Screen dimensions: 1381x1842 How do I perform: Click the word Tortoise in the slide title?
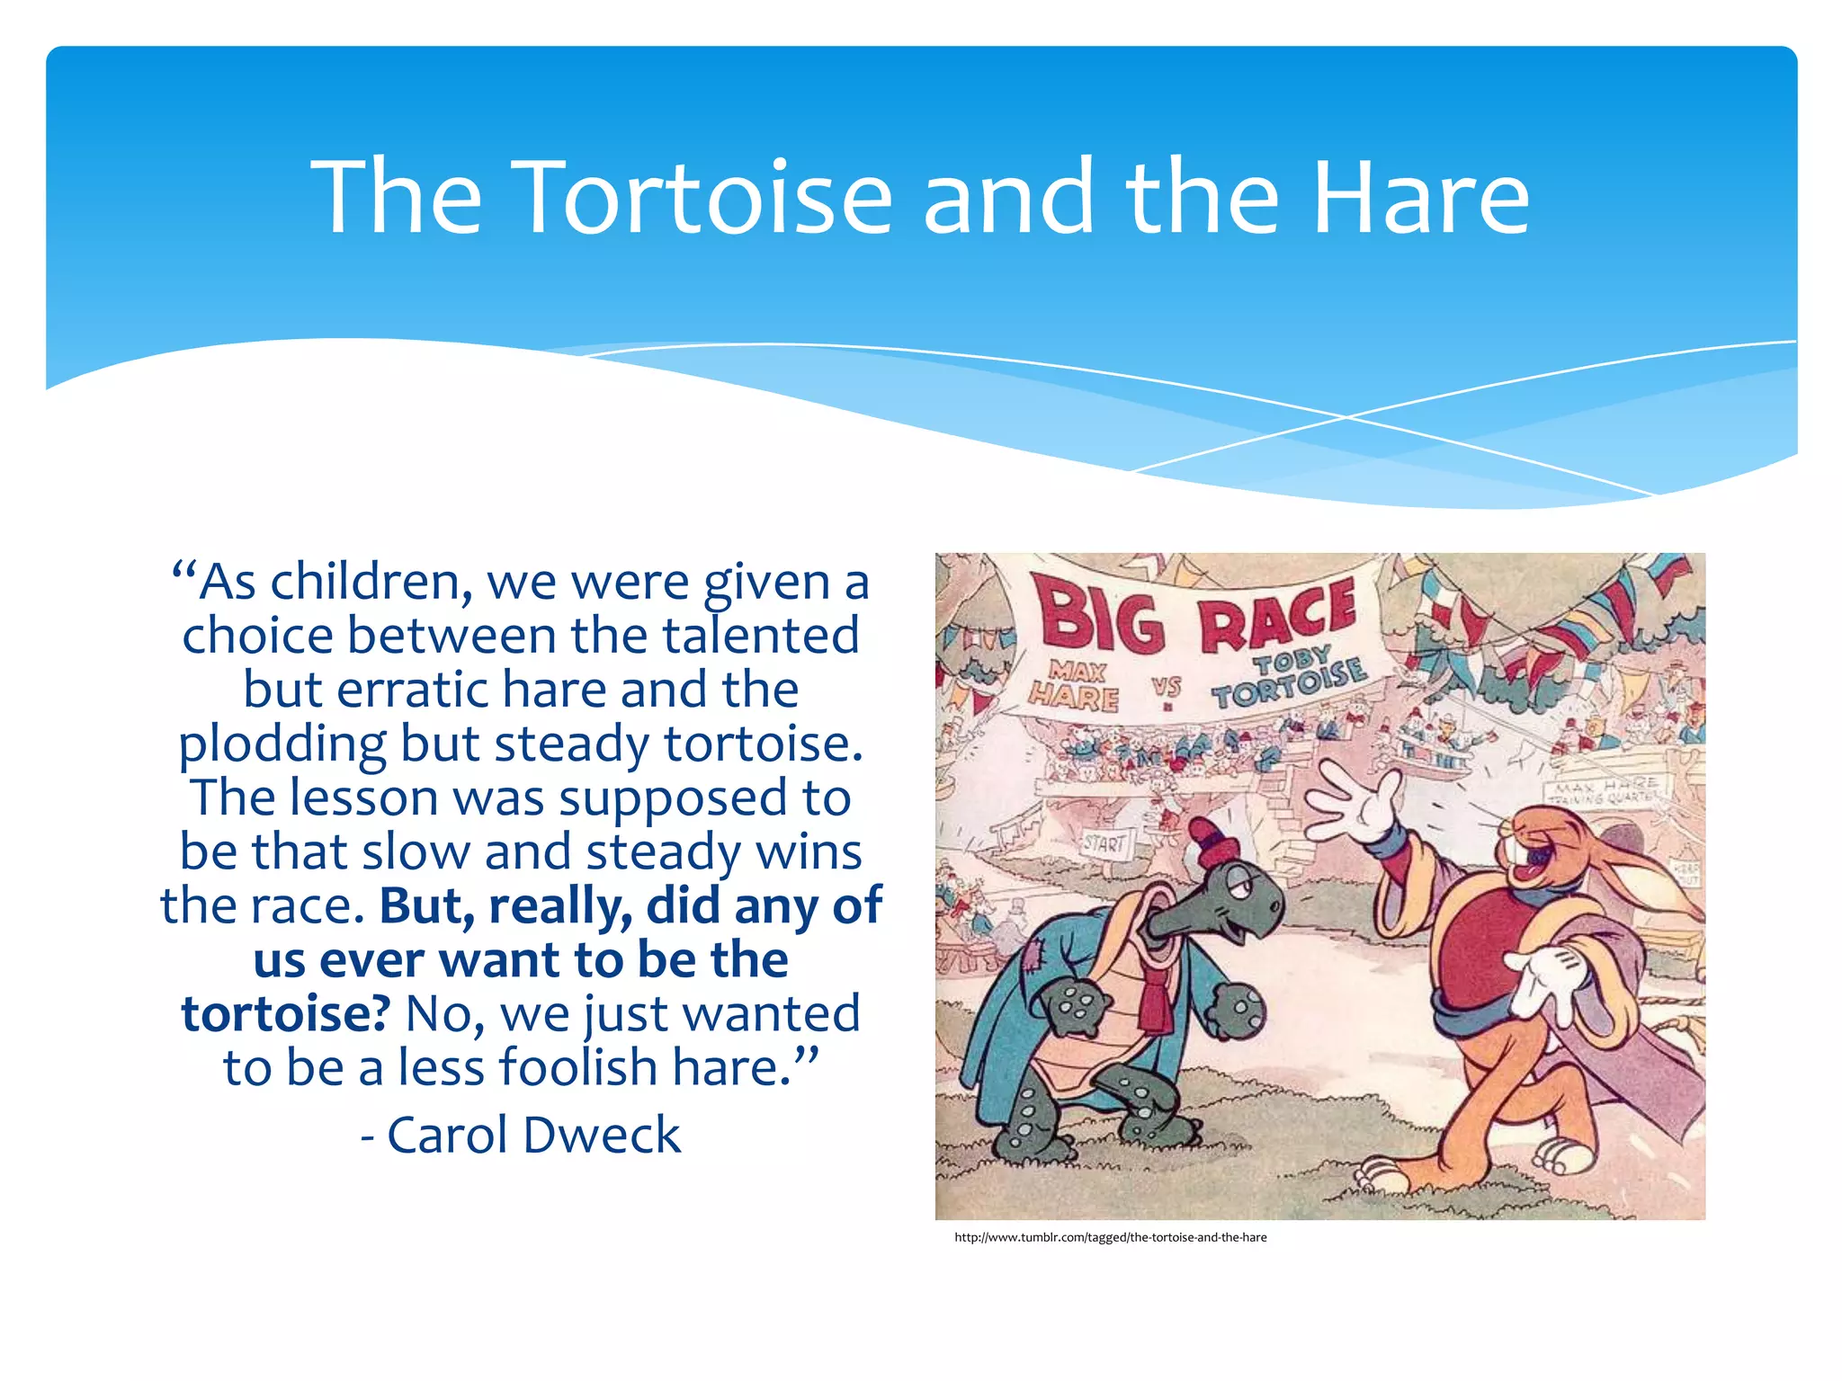pyautogui.click(x=706, y=197)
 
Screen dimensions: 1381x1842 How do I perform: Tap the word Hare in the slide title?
pyautogui.click(x=1420, y=197)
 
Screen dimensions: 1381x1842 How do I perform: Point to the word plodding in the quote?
pyautogui.click(x=282, y=745)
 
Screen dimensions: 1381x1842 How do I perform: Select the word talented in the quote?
pyautogui.click(x=761, y=636)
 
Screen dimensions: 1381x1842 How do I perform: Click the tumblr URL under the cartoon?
pyautogui.click(x=1110, y=1237)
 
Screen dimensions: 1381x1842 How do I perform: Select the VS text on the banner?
pyautogui.click(x=1167, y=688)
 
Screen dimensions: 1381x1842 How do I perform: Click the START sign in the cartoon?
pyautogui.click(x=1104, y=844)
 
